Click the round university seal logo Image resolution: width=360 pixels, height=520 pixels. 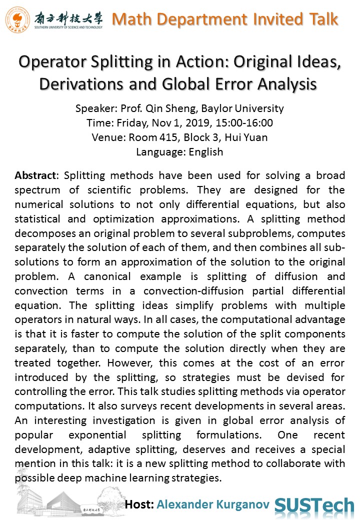pos(17,19)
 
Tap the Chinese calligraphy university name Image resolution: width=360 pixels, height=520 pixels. pos(68,17)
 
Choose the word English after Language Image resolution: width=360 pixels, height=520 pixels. pos(205,152)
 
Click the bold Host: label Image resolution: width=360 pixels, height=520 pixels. pos(139,504)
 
